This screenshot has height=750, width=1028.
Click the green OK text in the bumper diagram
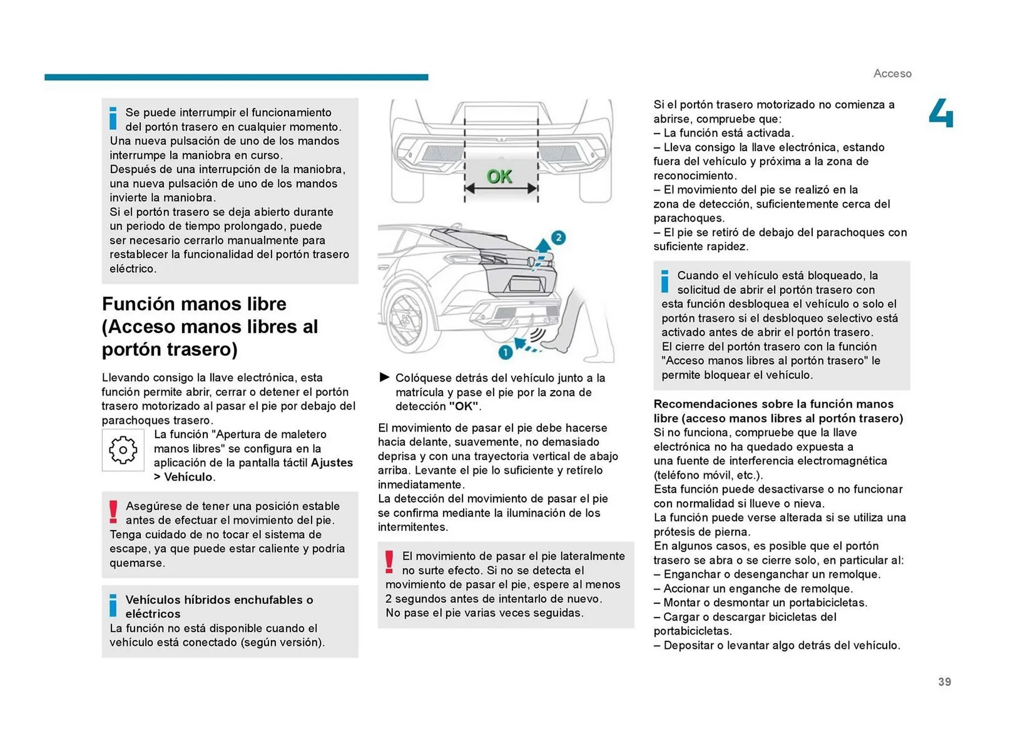pos(499,177)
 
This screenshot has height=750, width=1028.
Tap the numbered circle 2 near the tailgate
pos(558,238)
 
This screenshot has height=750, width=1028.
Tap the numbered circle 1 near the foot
pos(505,352)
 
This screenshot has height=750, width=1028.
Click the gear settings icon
pos(123,450)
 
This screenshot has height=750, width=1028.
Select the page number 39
pos(944,682)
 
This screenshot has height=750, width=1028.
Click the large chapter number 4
pos(941,113)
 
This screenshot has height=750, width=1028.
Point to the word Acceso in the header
pos(892,74)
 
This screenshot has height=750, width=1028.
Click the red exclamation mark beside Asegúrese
pos(113,511)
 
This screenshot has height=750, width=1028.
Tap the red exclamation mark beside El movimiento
pos(389,562)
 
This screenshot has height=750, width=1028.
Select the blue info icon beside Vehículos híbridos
pos(113,605)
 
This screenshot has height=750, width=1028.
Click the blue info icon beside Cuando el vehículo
pos(664,281)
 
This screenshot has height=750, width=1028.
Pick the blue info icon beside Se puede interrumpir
pos(113,118)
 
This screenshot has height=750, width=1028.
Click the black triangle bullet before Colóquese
pos(384,377)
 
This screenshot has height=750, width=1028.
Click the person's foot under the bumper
pos(559,346)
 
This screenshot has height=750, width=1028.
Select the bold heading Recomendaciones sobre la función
pos(778,411)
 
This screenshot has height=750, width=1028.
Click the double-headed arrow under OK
pos(501,188)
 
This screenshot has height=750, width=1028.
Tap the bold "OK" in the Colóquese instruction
pos(463,406)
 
